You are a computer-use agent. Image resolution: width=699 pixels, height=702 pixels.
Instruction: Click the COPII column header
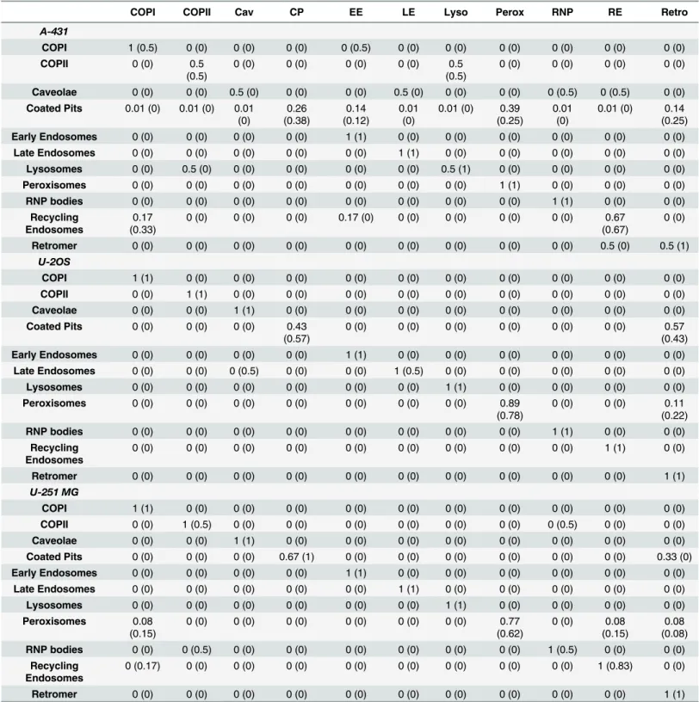pyautogui.click(x=197, y=12)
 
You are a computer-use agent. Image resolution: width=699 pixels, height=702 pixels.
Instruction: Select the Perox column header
pyautogui.click(x=510, y=12)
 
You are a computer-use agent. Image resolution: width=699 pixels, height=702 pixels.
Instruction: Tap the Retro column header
pyautogui.click(x=674, y=12)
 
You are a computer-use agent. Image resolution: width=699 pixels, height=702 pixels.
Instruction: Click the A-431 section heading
pyautogui.click(x=53, y=31)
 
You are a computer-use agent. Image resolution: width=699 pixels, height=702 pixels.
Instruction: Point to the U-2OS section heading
pyautogui.click(x=53, y=262)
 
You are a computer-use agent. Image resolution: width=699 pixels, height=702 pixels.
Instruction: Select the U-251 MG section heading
pyautogui.click(x=53, y=492)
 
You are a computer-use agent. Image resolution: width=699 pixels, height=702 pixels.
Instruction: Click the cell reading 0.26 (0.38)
pyautogui.click(x=297, y=114)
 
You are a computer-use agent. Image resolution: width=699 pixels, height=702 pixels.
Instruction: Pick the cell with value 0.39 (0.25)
pyautogui.click(x=510, y=114)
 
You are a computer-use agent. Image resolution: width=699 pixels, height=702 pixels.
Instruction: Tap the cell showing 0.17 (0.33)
pyautogui.click(x=143, y=224)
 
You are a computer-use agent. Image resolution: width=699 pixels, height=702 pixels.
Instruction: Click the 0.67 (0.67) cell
pyautogui.click(x=615, y=224)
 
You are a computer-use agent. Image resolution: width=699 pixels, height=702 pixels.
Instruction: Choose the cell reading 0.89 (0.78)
pyautogui.click(x=510, y=409)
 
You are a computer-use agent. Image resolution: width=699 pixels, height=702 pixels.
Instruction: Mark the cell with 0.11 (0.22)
pyautogui.click(x=674, y=409)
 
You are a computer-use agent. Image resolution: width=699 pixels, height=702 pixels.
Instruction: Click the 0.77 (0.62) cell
pyautogui.click(x=510, y=627)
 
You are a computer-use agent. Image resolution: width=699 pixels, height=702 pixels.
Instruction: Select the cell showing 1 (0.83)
pyautogui.click(x=615, y=666)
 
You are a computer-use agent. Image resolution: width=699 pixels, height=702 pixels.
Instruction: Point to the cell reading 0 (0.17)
pyautogui.click(x=143, y=666)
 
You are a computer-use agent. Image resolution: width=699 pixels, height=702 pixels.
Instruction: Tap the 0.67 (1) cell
pyautogui.click(x=297, y=557)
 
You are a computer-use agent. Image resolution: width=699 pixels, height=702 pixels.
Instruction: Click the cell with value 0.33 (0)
pyautogui.click(x=674, y=557)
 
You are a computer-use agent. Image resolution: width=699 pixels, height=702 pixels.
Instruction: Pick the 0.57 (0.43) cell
pyautogui.click(x=674, y=332)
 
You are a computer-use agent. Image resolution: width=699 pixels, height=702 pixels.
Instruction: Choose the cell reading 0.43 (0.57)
pyautogui.click(x=297, y=332)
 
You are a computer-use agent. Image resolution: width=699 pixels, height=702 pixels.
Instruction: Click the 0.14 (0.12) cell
pyautogui.click(x=356, y=114)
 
